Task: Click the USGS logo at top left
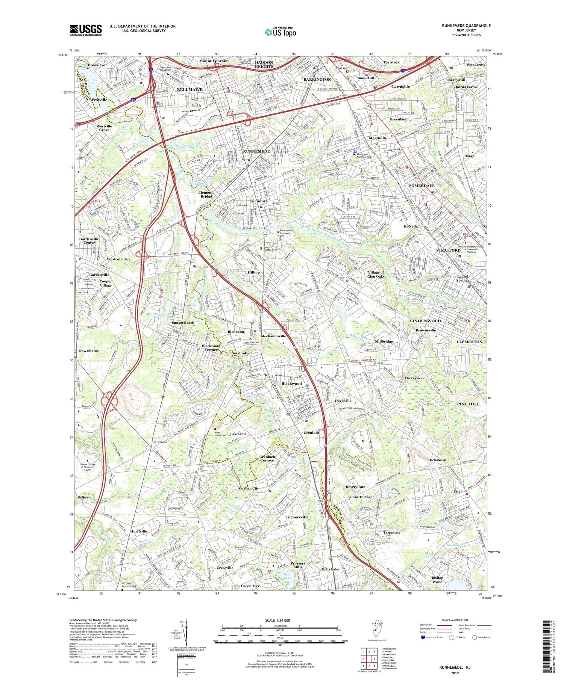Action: pyautogui.click(x=86, y=30)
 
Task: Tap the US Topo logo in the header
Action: pyautogui.click(x=280, y=32)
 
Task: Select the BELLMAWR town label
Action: pyautogui.click(x=190, y=90)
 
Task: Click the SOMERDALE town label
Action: pyautogui.click(x=421, y=186)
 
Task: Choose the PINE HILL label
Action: pyautogui.click(x=468, y=404)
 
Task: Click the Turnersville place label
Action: pyautogui.click(x=297, y=517)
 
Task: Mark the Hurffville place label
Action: pyautogui.click(x=139, y=532)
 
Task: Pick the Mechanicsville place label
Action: pyautogui.click(x=273, y=336)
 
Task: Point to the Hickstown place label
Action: pyautogui.click(x=437, y=460)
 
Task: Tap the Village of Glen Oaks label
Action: pyautogui.click(x=376, y=274)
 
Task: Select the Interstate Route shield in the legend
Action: pyautogui.click(x=423, y=637)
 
